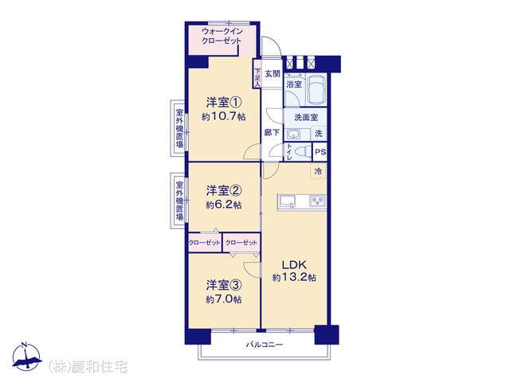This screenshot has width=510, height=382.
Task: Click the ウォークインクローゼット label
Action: (222, 36)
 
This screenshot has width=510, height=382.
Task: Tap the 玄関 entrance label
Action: (273, 74)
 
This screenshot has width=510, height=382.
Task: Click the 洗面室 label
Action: (306, 117)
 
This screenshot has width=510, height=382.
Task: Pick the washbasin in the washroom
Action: (294, 134)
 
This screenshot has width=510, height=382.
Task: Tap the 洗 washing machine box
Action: (319, 133)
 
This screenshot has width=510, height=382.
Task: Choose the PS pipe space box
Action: (320, 152)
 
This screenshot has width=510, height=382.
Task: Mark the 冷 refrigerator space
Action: (318, 171)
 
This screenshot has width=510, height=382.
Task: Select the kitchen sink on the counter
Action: (287, 201)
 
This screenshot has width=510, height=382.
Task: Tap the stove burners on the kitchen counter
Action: (318, 201)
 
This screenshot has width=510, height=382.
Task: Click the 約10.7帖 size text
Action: (224, 116)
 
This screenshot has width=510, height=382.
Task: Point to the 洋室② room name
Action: (224, 190)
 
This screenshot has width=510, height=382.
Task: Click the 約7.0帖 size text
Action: (224, 299)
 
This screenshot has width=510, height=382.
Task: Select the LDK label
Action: (294, 265)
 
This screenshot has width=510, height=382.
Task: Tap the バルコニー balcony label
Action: (264, 345)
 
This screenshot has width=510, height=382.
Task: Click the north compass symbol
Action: (26, 357)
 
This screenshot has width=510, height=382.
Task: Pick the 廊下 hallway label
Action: (272, 133)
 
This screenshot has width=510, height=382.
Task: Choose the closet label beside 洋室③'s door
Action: (241, 243)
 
